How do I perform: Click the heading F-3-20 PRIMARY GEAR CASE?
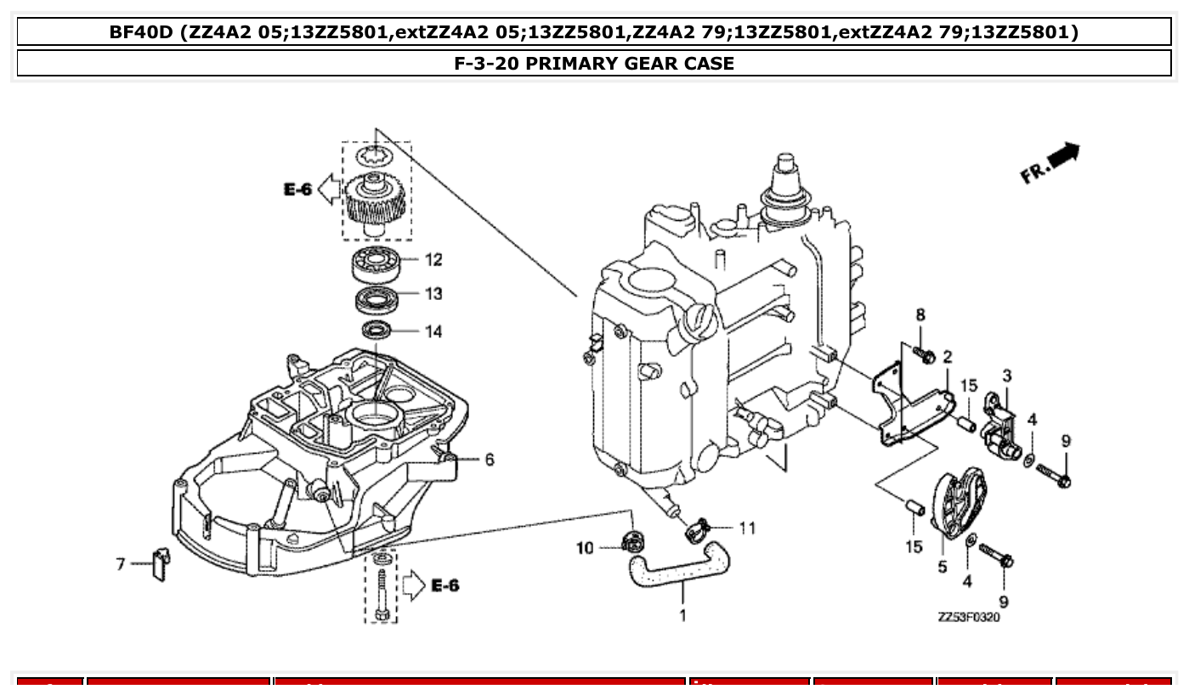point(594,63)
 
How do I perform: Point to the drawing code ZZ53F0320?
point(969,618)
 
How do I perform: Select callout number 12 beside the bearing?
point(433,259)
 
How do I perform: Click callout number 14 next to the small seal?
point(433,331)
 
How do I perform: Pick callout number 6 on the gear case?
point(490,460)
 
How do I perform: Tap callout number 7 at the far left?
point(121,563)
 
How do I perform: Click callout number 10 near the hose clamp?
point(585,549)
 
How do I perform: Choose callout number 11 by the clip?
point(746,528)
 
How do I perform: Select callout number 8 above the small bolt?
point(920,315)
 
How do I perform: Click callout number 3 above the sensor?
point(1006,376)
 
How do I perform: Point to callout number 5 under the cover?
point(943,567)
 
